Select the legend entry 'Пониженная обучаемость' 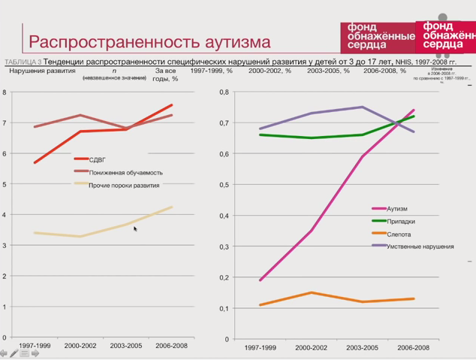[x=125, y=172]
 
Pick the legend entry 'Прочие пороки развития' [x=124, y=185]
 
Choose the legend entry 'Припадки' [x=400, y=221]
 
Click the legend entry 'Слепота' [x=399, y=234]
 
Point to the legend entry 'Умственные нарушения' [x=420, y=246]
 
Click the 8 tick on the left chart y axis [x=5, y=92]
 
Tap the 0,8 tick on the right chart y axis [x=223, y=92]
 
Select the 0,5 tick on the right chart [x=223, y=185]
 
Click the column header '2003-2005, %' [x=328, y=71]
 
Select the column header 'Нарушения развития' [x=42, y=71]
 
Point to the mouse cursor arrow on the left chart [x=135, y=228]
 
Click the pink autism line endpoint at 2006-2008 [x=414, y=110]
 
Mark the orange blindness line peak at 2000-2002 [x=311, y=292]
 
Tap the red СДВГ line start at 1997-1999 [x=35, y=162]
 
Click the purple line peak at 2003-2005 [x=362, y=107]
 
